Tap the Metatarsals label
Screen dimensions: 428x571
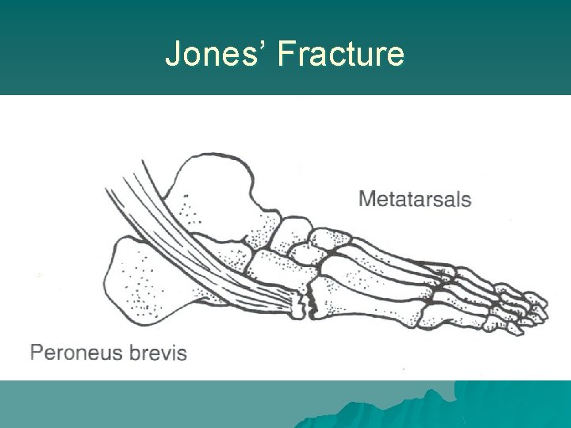click(415, 198)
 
